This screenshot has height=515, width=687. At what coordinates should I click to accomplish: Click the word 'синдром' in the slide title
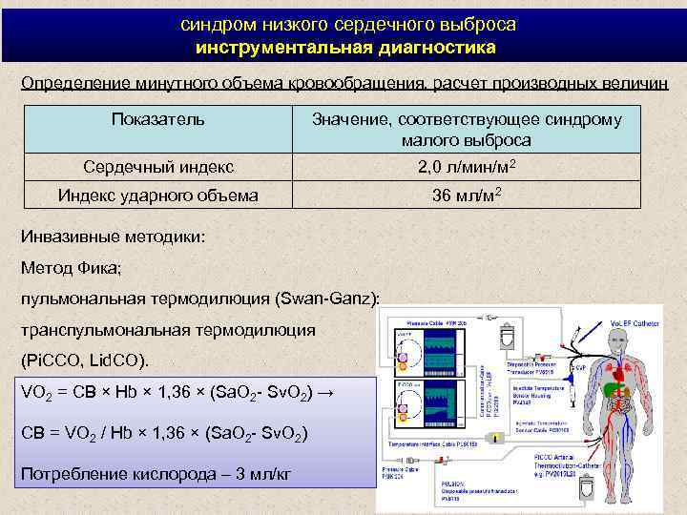click(x=212, y=24)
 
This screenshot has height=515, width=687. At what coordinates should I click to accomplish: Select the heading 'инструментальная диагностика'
click(x=344, y=47)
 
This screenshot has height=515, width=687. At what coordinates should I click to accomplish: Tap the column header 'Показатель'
click(x=157, y=120)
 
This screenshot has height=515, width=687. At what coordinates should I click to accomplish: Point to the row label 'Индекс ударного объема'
click(x=157, y=196)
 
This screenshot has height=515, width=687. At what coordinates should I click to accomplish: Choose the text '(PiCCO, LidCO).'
click(x=85, y=362)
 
